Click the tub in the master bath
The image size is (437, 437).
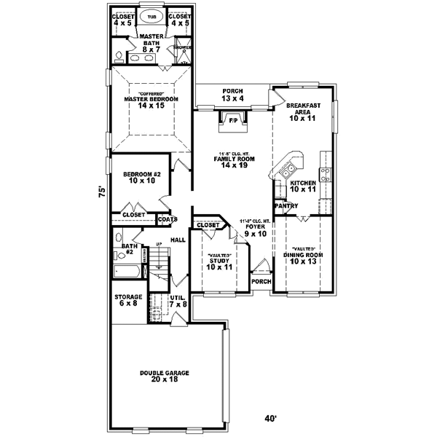point(151,16)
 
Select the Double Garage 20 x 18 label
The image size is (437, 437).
point(165,376)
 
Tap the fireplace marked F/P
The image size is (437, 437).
point(232,121)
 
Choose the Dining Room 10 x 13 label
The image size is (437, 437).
point(303,258)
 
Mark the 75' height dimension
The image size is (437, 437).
point(103,192)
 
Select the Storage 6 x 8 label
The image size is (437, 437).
point(128,300)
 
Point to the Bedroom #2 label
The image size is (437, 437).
point(136,178)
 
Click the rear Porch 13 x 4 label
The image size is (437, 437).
point(232,95)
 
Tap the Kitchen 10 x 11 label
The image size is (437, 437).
point(302,186)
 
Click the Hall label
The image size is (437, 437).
point(178,240)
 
